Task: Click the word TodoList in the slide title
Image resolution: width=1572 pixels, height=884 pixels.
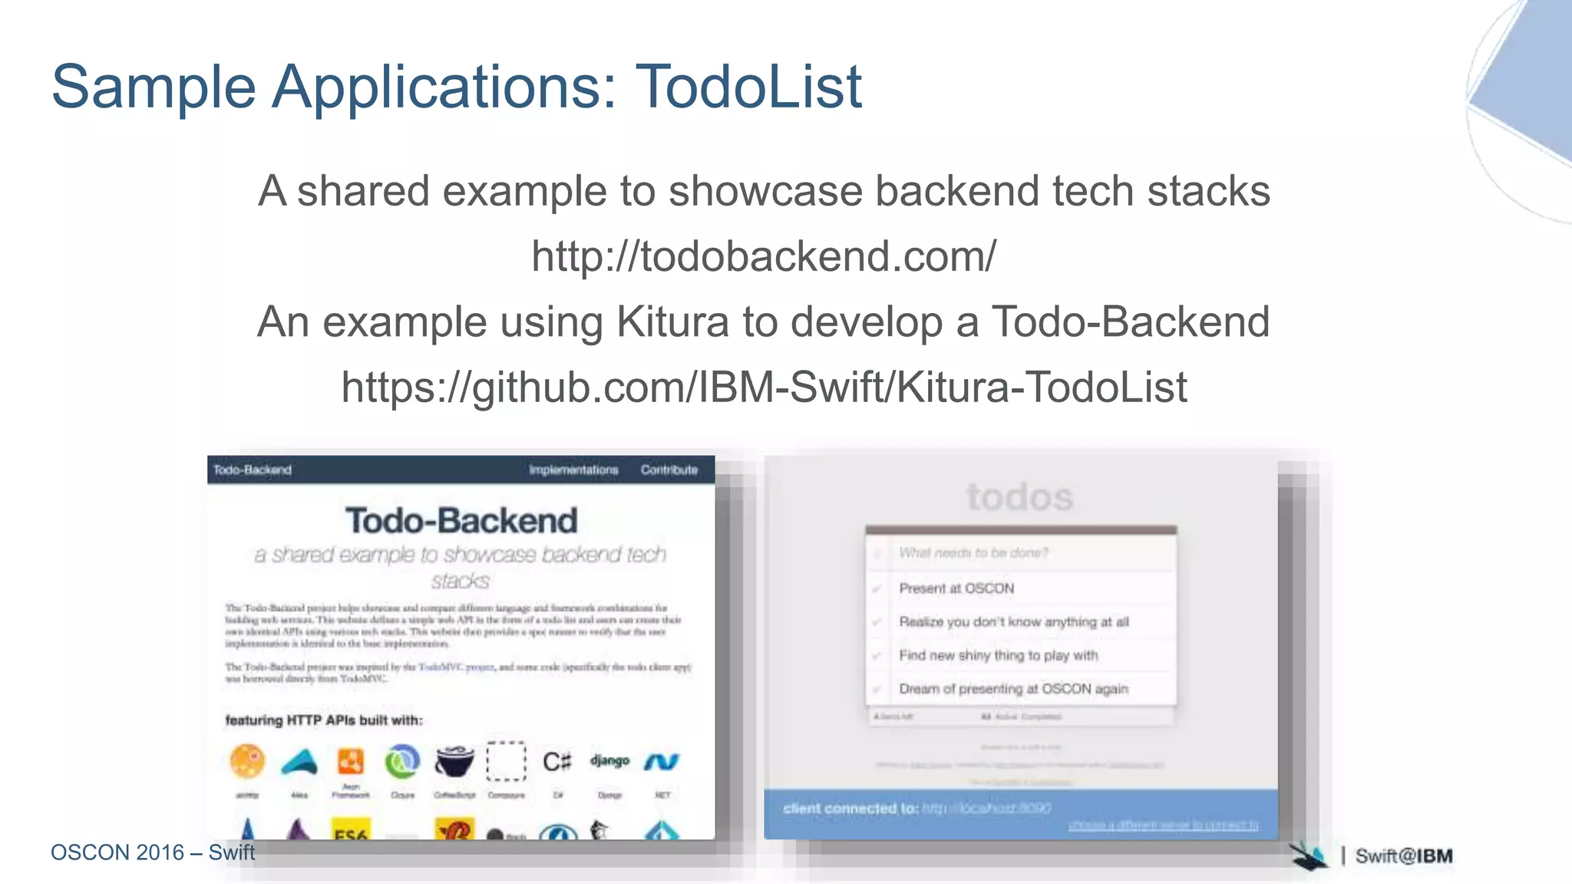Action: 748,86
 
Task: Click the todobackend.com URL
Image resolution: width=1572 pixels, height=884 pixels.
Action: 764,256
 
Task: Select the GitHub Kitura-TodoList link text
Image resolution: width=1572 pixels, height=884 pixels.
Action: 764,387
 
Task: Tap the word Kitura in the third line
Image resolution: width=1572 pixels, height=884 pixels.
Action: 672,322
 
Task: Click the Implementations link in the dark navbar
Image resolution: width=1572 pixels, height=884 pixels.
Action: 573,470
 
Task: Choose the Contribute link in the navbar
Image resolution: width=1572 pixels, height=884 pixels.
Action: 669,470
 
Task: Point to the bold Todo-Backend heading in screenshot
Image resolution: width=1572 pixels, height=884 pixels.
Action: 461,520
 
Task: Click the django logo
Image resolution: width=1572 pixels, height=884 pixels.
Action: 609,760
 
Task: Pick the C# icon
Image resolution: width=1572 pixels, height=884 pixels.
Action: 557,761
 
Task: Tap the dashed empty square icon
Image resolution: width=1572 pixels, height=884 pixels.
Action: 506,761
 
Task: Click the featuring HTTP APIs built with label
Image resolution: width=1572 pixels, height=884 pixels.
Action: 323,720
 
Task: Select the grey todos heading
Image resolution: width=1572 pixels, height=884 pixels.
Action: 1019,497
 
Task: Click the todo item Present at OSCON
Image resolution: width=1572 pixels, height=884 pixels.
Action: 956,589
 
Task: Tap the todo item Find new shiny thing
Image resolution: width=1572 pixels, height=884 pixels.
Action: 998,655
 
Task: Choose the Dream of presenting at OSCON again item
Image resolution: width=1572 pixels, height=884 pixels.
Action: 1013,689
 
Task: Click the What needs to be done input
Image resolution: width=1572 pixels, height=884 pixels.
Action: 973,552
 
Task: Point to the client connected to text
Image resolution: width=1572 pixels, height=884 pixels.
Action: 850,808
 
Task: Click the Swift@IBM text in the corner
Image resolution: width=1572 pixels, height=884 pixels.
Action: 1403,856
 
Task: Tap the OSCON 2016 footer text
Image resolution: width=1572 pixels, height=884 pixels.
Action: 152,853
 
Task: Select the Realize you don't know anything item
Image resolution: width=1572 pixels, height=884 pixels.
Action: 1013,622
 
